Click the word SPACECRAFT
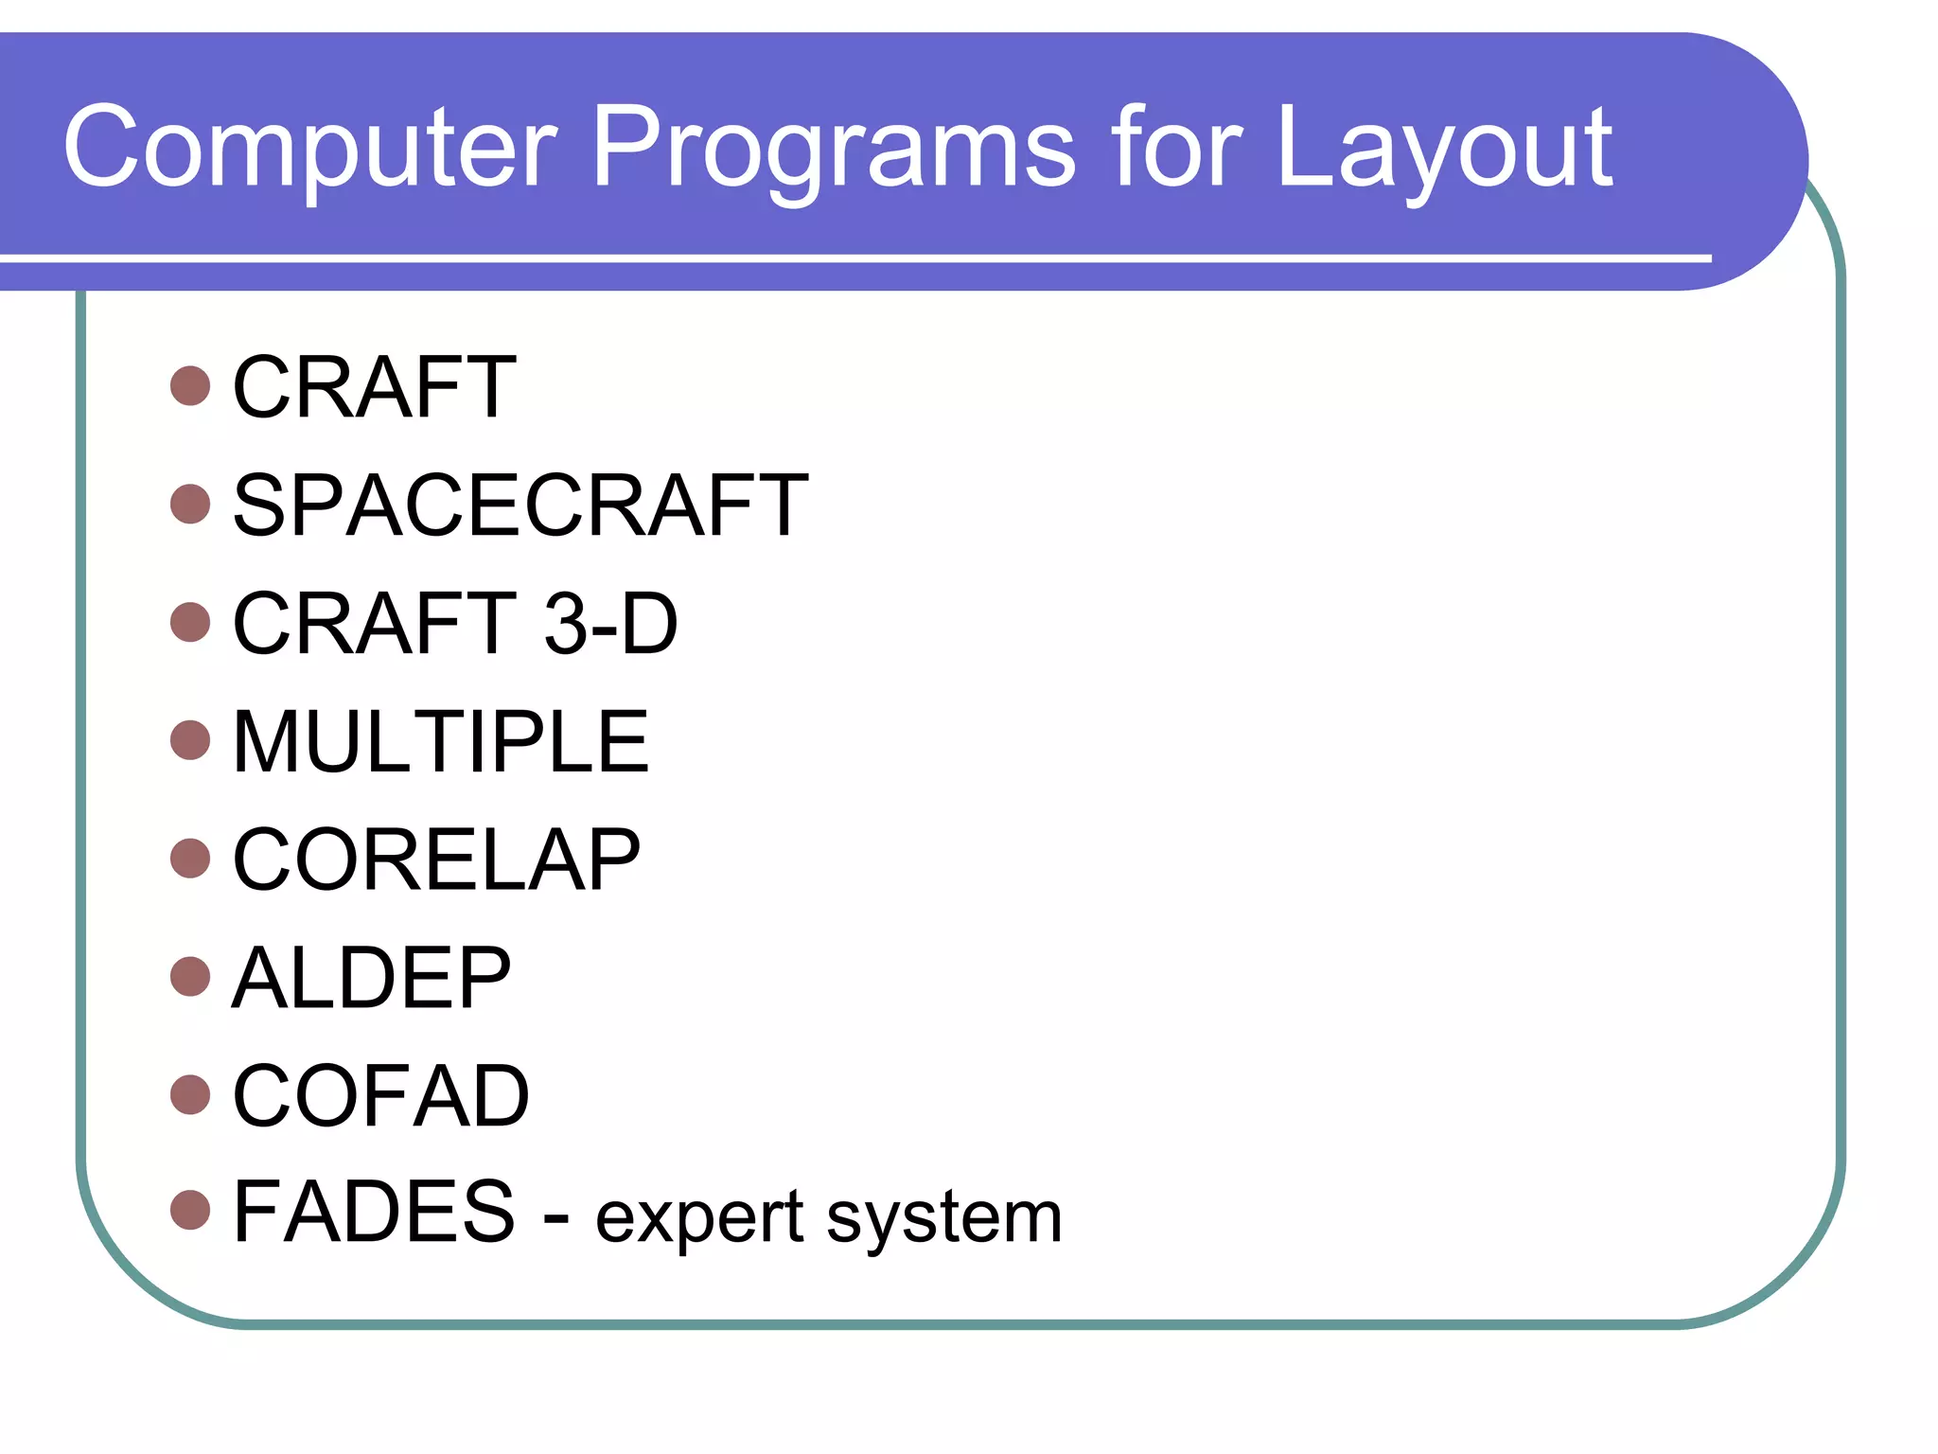click(520, 505)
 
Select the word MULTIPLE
click(440, 741)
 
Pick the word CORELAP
click(436, 860)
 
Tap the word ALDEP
click(371, 978)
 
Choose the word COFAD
click(380, 1095)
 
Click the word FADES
click(374, 1212)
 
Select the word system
click(943, 1218)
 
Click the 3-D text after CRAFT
click(610, 623)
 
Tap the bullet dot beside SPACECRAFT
click(190, 505)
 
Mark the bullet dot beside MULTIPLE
click(190, 740)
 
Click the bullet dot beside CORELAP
click(190, 859)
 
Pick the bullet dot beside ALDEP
click(190, 977)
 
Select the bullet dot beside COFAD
click(190, 1095)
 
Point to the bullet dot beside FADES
click(190, 1211)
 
